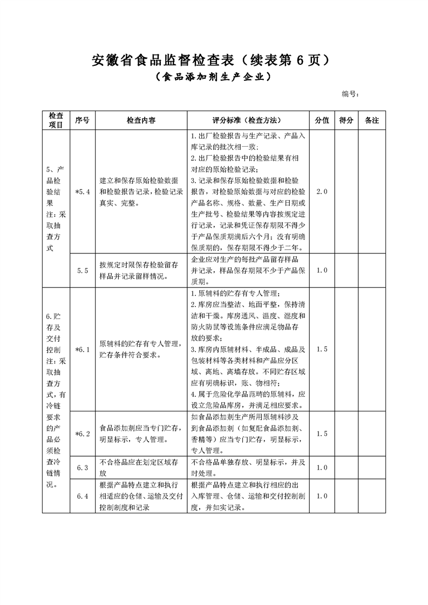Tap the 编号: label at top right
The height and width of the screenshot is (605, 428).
point(351,94)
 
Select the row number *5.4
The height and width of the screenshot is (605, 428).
point(82,191)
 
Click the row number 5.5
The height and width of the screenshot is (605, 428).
point(82,271)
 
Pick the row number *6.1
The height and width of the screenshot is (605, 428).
point(82,349)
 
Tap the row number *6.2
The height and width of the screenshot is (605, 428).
point(82,434)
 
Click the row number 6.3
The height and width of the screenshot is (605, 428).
point(82,467)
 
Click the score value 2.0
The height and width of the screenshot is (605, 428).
point(322,191)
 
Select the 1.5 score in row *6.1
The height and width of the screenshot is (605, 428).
point(322,349)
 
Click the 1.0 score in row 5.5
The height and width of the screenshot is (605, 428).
point(322,271)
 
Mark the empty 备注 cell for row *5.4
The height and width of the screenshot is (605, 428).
point(372,191)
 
